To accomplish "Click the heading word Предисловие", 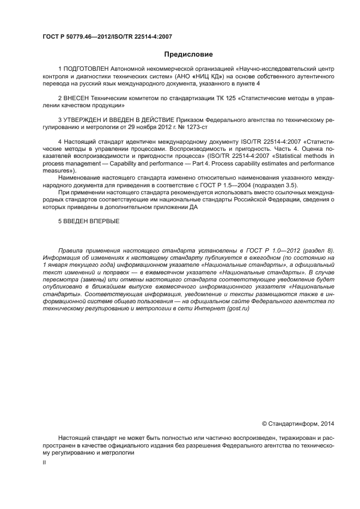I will pos(188,54).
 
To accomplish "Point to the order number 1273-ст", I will pos(197,126).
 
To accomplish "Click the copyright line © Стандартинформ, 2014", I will pos(299,423).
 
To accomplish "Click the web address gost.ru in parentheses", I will pos(239,308).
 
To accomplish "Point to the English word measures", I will pos(56,170).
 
